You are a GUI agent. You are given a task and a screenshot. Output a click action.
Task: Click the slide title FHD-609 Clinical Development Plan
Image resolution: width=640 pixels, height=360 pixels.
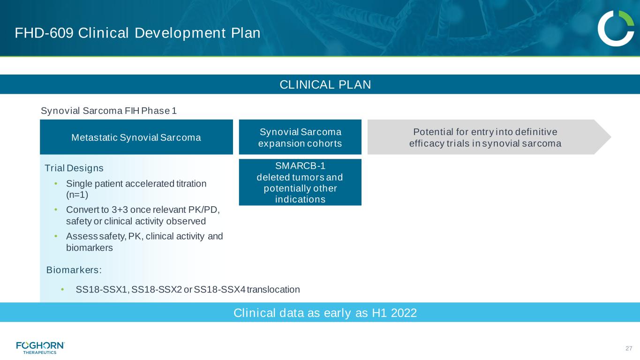[137, 33]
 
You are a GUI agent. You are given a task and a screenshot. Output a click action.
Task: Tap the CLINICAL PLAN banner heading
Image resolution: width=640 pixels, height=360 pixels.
[325, 84]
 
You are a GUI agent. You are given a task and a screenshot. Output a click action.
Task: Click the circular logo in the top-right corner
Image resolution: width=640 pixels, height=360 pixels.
[616, 29]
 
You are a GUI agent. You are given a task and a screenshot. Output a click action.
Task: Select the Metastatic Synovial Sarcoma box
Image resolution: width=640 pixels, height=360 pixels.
[136, 137]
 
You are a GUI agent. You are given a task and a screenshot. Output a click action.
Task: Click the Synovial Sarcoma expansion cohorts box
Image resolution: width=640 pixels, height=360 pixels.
[300, 137]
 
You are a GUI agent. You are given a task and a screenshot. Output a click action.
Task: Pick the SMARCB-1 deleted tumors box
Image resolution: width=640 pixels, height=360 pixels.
[300, 182]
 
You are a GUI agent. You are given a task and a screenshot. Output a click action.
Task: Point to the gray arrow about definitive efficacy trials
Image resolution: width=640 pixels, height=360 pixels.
[489, 137]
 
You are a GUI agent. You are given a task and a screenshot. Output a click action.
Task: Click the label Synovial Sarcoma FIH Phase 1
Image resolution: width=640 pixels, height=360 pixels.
[109, 111]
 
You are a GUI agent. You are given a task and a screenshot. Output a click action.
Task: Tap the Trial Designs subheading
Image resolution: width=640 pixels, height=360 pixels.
[74, 168]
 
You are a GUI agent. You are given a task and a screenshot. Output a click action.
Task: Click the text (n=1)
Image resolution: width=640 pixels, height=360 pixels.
[77, 195]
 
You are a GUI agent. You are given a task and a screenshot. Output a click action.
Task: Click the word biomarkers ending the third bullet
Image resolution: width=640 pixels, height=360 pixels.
[90, 247]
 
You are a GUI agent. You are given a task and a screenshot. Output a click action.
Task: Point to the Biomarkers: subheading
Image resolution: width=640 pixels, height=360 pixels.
[74, 270]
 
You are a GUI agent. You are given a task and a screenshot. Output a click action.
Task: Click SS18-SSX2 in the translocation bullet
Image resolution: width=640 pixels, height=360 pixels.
[157, 290]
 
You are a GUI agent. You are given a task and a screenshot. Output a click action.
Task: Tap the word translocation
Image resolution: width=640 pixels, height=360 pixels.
[273, 290]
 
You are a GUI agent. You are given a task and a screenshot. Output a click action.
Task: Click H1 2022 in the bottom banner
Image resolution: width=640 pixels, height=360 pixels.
[394, 313]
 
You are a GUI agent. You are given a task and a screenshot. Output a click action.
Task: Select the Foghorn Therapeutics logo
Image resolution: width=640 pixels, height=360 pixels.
[40, 348]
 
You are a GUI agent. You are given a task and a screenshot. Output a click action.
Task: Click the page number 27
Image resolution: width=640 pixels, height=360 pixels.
[629, 348]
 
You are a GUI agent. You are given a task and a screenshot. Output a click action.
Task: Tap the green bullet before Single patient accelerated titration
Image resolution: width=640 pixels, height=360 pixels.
[56, 183]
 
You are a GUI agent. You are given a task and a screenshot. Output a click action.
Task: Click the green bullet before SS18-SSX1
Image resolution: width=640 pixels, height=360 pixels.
[62, 290]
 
